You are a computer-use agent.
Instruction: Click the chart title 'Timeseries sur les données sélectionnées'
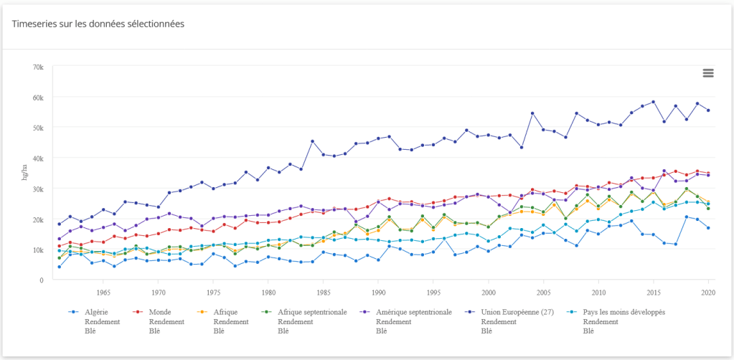[x=98, y=24]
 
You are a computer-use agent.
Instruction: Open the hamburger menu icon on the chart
[x=708, y=73]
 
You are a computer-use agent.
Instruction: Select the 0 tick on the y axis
[x=42, y=280]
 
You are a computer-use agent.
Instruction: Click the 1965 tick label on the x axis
[x=103, y=293]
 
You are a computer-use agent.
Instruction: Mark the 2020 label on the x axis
[x=708, y=293]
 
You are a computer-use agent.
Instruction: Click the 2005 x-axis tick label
[x=543, y=293]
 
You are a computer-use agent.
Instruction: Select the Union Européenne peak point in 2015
[x=653, y=102]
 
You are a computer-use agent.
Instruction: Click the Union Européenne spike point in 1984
[x=312, y=141]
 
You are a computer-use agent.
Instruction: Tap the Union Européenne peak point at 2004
[x=532, y=113]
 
